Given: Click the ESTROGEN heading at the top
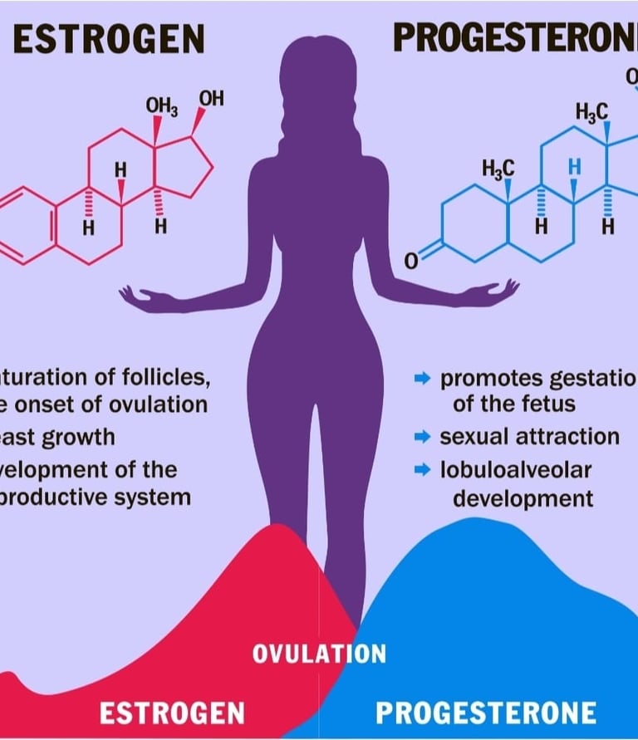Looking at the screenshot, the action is [x=109, y=38].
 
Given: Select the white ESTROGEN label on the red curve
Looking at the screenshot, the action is [x=173, y=713].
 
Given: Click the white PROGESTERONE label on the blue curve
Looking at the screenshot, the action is [x=486, y=713].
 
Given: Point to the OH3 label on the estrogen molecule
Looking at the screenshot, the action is [x=161, y=106].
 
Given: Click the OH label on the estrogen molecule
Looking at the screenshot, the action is [x=211, y=99].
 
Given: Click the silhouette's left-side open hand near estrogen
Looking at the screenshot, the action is [x=138, y=296].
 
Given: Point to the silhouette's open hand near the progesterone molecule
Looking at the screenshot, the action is [x=498, y=292].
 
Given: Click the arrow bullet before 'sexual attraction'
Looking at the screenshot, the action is [x=423, y=437].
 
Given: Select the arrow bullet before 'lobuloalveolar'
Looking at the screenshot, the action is [x=423, y=470].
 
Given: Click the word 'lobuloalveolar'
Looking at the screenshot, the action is [x=516, y=469].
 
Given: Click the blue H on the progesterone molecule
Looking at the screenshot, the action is [x=573, y=166].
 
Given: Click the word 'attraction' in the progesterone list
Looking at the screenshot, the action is [x=567, y=437].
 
